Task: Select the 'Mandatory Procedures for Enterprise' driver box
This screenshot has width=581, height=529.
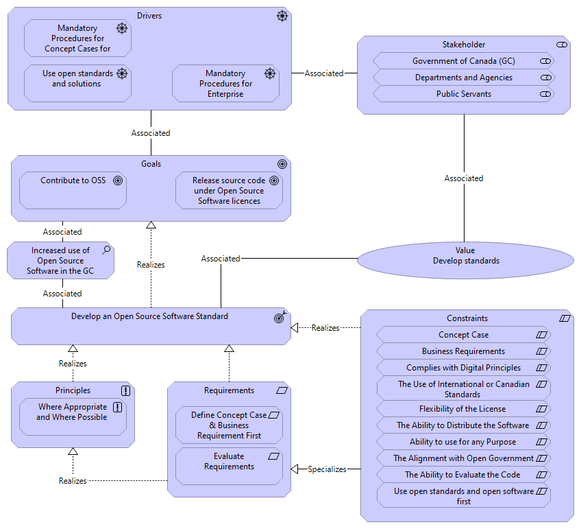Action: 225,83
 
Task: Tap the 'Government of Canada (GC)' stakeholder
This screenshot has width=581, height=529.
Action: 463,61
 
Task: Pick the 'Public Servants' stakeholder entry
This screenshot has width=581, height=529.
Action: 463,94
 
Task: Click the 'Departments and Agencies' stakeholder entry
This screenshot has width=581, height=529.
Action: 463,78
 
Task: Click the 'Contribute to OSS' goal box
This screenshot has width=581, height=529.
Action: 73,190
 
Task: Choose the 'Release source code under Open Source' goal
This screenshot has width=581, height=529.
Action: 229,190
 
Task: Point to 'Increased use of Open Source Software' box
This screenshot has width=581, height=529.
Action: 60,261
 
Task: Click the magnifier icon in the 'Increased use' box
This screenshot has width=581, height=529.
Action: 106,250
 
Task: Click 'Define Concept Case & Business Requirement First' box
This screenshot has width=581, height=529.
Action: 229,425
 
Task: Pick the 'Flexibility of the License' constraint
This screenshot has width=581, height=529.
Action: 463,409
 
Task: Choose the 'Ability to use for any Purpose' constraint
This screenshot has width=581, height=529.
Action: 463,442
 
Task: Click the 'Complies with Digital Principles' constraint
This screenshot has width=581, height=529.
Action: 463,368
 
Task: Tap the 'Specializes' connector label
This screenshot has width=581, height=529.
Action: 327,469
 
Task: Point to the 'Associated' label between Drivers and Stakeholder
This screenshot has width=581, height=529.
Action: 324,73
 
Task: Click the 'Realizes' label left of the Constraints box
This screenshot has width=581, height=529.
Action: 325,328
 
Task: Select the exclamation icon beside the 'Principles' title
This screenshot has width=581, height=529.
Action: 125,390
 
